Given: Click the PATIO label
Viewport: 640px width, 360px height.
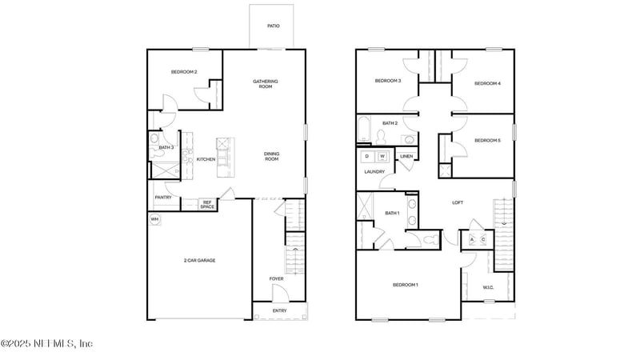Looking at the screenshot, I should (x=274, y=26).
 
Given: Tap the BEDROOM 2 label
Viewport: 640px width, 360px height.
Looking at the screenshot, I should (x=184, y=73).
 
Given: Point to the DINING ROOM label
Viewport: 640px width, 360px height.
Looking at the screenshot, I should (x=271, y=158).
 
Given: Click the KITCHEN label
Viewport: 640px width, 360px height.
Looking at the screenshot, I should (x=206, y=159).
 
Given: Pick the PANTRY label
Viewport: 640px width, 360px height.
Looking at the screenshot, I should (x=163, y=197).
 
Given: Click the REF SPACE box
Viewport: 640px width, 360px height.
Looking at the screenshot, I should (x=206, y=205).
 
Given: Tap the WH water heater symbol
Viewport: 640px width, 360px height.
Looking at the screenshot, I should (x=154, y=219).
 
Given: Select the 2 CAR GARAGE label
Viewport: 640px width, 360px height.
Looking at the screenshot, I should (x=199, y=260).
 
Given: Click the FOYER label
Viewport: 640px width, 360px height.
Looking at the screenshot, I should (x=276, y=279).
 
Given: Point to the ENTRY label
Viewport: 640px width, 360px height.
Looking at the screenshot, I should (x=279, y=310).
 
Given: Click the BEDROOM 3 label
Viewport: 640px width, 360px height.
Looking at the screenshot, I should (x=388, y=81).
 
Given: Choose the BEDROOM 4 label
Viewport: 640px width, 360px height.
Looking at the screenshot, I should (x=487, y=83).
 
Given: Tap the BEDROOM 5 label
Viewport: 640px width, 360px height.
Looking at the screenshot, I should (x=487, y=141).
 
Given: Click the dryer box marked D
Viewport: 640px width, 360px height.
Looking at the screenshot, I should (x=367, y=156).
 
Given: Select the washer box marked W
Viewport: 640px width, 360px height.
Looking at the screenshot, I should (x=382, y=156).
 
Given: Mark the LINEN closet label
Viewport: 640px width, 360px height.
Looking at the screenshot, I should (x=406, y=156).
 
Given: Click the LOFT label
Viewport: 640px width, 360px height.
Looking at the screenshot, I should (x=458, y=202).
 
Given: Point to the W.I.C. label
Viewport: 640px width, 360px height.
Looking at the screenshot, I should (x=488, y=287).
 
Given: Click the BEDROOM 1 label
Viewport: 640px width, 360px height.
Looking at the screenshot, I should (x=405, y=285).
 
